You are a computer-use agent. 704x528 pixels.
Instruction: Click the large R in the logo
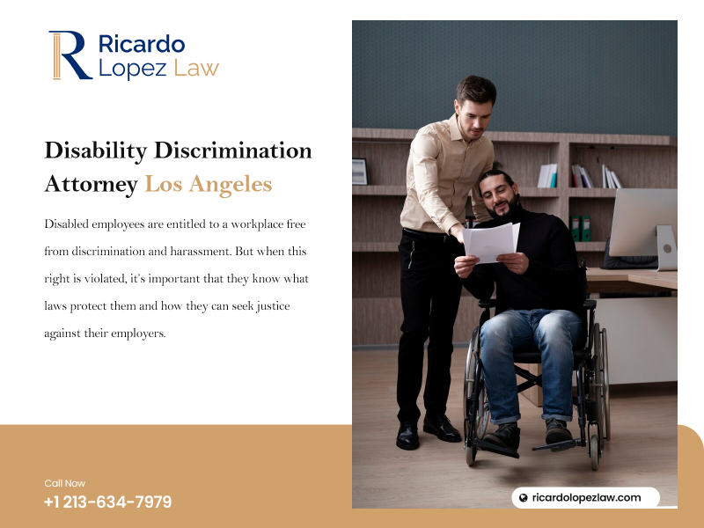point(70,55)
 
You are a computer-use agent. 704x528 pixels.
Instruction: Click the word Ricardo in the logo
point(142,44)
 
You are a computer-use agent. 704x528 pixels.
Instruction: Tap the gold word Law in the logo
point(196,68)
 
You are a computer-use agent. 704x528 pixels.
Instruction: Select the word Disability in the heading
point(96,151)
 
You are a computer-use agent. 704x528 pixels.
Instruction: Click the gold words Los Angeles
point(209,185)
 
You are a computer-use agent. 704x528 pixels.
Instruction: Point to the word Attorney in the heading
point(92,185)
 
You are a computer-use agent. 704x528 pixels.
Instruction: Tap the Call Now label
point(64,483)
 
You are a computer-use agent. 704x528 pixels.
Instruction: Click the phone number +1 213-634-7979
point(107,502)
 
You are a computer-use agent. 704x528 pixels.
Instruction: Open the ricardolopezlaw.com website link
point(586,497)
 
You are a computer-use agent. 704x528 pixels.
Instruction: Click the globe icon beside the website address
point(523,497)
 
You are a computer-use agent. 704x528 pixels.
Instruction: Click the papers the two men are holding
point(491,242)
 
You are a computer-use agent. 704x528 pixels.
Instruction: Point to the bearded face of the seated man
point(499,198)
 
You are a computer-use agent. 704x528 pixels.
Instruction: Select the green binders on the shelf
point(581,229)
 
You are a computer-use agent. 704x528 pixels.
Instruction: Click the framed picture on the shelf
point(360,172)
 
